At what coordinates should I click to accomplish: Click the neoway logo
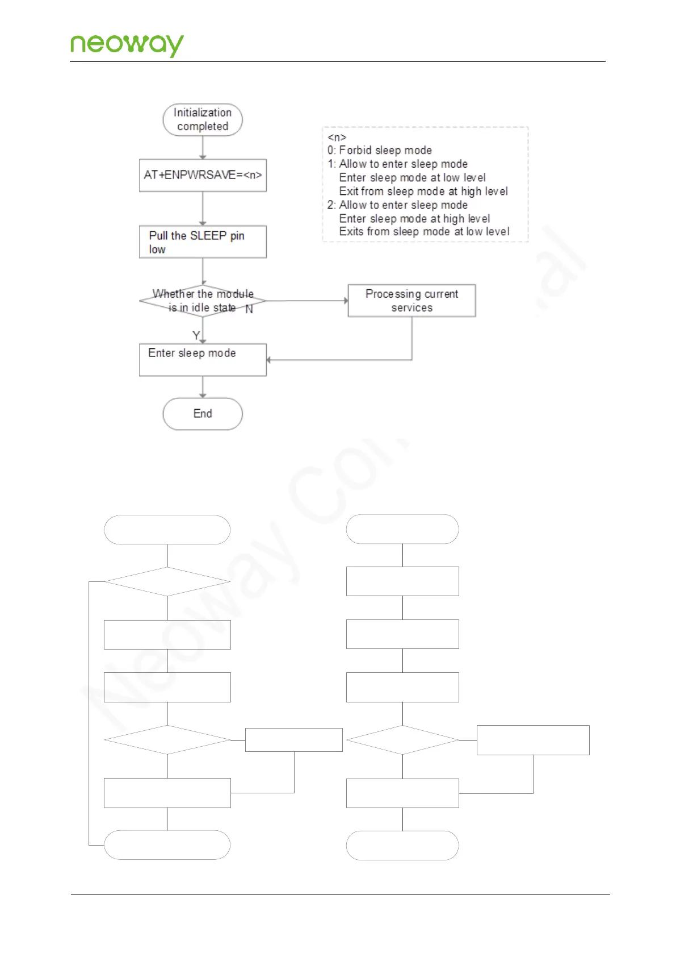127,44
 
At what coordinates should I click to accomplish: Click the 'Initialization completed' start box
203,119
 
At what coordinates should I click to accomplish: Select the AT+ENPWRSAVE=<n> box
203,175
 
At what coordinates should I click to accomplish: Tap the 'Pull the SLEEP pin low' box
203,242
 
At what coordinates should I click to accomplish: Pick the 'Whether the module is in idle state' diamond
203,301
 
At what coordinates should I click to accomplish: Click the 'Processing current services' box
412,301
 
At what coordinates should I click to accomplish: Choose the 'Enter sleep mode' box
203,359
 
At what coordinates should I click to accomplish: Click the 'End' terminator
203,414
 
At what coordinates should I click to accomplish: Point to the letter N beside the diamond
249,309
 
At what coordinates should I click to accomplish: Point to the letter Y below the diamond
196,335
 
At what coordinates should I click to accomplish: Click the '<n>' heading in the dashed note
337,137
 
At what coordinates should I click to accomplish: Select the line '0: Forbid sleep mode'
379,150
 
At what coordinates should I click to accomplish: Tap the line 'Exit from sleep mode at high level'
423,191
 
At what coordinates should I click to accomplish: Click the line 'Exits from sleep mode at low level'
424,231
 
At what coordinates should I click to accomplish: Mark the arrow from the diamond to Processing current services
306,301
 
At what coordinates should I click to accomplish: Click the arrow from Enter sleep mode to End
203,386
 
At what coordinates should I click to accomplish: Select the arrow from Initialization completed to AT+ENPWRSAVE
203,147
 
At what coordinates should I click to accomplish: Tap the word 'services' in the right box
412,307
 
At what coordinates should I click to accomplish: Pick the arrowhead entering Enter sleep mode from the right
269,360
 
